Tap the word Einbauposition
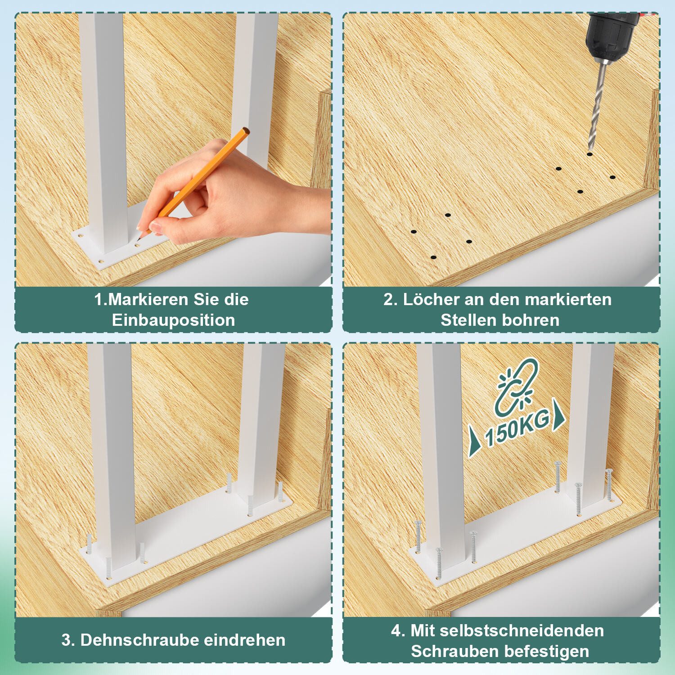(173, 320)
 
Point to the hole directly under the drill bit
(589, 154)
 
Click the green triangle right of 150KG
(558, 415)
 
